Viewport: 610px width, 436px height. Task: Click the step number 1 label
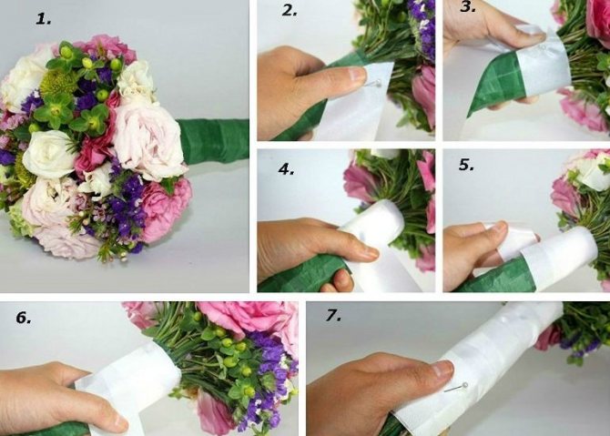click(43, 19)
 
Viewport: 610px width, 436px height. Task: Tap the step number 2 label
click(290, 11)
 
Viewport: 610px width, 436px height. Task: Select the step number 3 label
click(468, 6)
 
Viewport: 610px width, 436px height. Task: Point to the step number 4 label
click(286, 168)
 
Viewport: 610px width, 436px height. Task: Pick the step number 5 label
click(466, 165)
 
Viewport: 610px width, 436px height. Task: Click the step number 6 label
click(24, 318)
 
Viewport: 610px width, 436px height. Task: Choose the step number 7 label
click(334, 316)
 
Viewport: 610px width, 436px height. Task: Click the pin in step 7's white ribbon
click(456, 388)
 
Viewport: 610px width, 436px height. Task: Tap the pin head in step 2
click(379, 83)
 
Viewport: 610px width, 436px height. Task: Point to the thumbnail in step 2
click(357, 74)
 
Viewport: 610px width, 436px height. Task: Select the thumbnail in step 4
click(367, 253)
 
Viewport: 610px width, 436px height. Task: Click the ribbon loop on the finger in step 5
click(513, 242)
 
